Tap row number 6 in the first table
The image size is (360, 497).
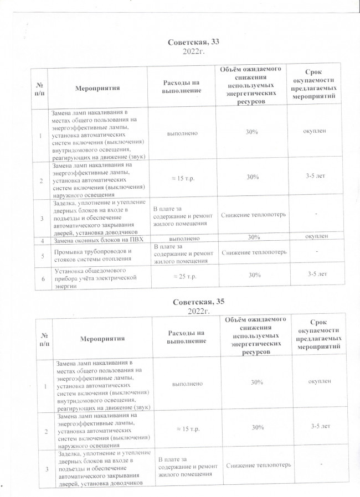point(43,278)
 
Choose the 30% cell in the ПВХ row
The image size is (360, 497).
point(254,237)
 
